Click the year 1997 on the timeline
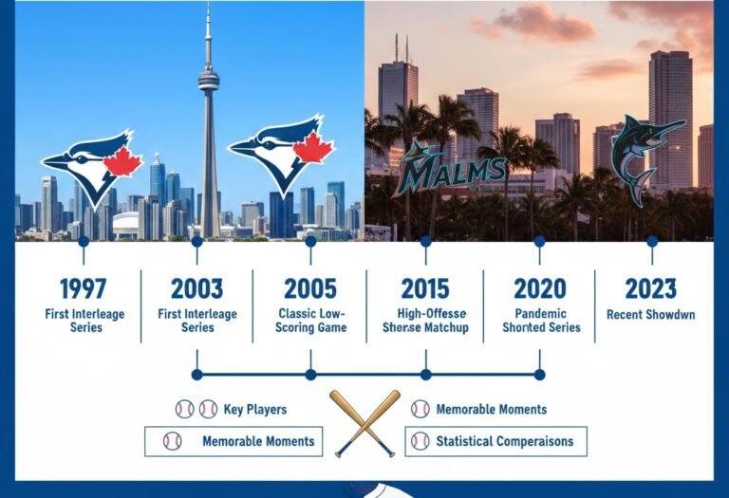[x=83, y=288]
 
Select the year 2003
[x=196, y=288]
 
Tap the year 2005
[x=311, y=288]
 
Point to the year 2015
[x=425, y=288]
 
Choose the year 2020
[x=539, y=288]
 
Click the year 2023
[x=651, y=288]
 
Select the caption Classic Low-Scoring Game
[x=311, y=321]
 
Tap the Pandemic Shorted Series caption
[x=539, y=321]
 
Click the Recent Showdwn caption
[x=651, y=314]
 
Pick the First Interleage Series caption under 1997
[x=83, y=321]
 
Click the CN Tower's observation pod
[x=208, y=82]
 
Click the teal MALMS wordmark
[x=451, y=171]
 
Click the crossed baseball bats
[x=365, y=422]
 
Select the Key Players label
[x=255, y=410]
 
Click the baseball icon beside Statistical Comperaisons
[x=420, y=441]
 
